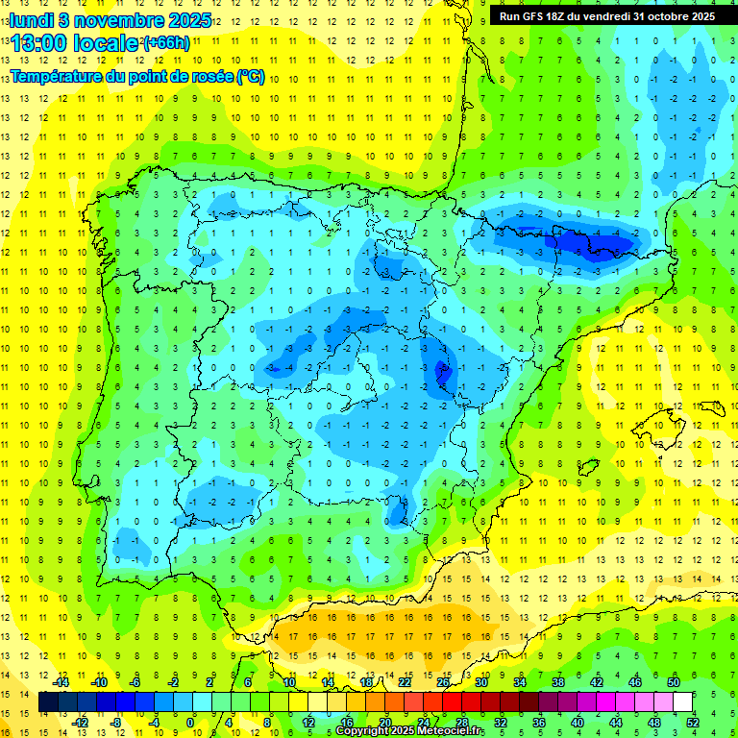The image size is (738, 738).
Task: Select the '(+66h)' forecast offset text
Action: click(166, 43)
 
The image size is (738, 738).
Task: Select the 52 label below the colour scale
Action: click(693, 722)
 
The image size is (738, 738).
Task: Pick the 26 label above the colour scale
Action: click(444, 682)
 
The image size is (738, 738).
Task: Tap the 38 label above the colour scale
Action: click(558, 682)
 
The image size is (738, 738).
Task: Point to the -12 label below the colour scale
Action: click(81, 722)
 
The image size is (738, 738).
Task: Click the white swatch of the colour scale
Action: click(683, 702)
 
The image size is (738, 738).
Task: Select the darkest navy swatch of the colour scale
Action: click(48, 702)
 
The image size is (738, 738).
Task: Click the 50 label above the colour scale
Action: click(674, 682)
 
